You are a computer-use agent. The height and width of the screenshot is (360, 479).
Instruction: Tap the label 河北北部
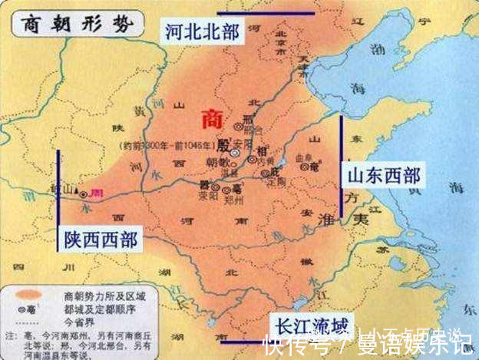199,32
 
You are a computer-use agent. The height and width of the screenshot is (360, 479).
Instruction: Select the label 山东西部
382,175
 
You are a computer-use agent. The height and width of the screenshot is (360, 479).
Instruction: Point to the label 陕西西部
98,240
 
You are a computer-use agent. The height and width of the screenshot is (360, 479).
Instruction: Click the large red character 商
214,119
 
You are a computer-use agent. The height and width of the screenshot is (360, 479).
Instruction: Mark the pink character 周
97,192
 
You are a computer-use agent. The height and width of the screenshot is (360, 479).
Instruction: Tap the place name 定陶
276,181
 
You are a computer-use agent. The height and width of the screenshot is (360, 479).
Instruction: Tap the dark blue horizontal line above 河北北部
266,13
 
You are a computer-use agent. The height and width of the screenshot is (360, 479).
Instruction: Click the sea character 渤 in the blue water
376,50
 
